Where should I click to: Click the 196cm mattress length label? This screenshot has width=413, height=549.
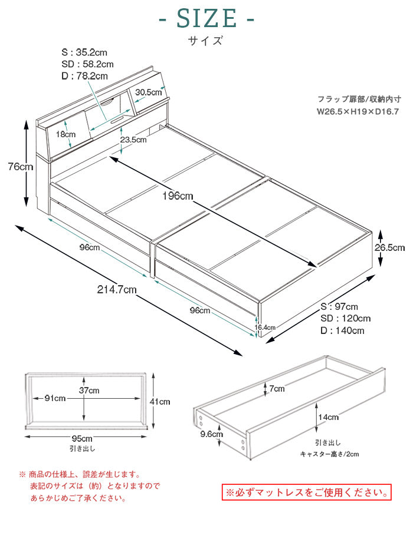pos(177,196)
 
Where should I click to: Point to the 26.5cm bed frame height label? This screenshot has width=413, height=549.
pos(390,248)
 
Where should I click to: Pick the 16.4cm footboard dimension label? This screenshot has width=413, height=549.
pos(265,327)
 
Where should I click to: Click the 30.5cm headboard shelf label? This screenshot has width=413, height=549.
pos(149,92)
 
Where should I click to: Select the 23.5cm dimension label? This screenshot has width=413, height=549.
pos(133,140)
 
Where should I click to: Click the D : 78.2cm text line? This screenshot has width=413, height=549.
pos(84,76)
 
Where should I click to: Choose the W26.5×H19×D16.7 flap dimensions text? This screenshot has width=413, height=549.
pos(358,111)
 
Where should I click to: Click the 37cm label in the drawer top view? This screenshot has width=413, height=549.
pos(90,391)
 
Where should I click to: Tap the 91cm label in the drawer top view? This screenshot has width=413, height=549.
pos(54,399)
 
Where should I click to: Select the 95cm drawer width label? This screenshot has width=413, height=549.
pos(82,439)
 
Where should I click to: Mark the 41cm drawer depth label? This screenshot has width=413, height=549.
pos(160,402)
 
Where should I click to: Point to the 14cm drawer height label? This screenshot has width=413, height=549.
pos(329,417)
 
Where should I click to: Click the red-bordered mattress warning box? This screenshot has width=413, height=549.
pos(306,491)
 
